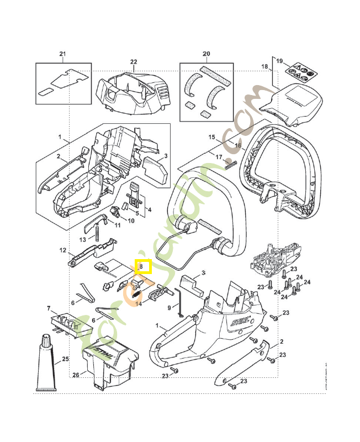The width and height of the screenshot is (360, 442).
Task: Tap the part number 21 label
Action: (x=62, y=54)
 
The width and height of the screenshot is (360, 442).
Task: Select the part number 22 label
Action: (x=134, y=61)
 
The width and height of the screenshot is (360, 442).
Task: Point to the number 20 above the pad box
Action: (x=207, y=54)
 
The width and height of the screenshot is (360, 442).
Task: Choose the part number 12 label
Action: (x=63, y=250)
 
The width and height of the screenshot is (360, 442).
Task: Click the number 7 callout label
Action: (x=49, y=308)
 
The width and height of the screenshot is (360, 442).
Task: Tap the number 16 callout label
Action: (x=238, y=146)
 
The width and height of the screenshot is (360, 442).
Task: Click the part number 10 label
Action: (x=131, y=221)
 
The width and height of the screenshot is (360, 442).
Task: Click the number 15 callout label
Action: (x=211, y=137)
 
